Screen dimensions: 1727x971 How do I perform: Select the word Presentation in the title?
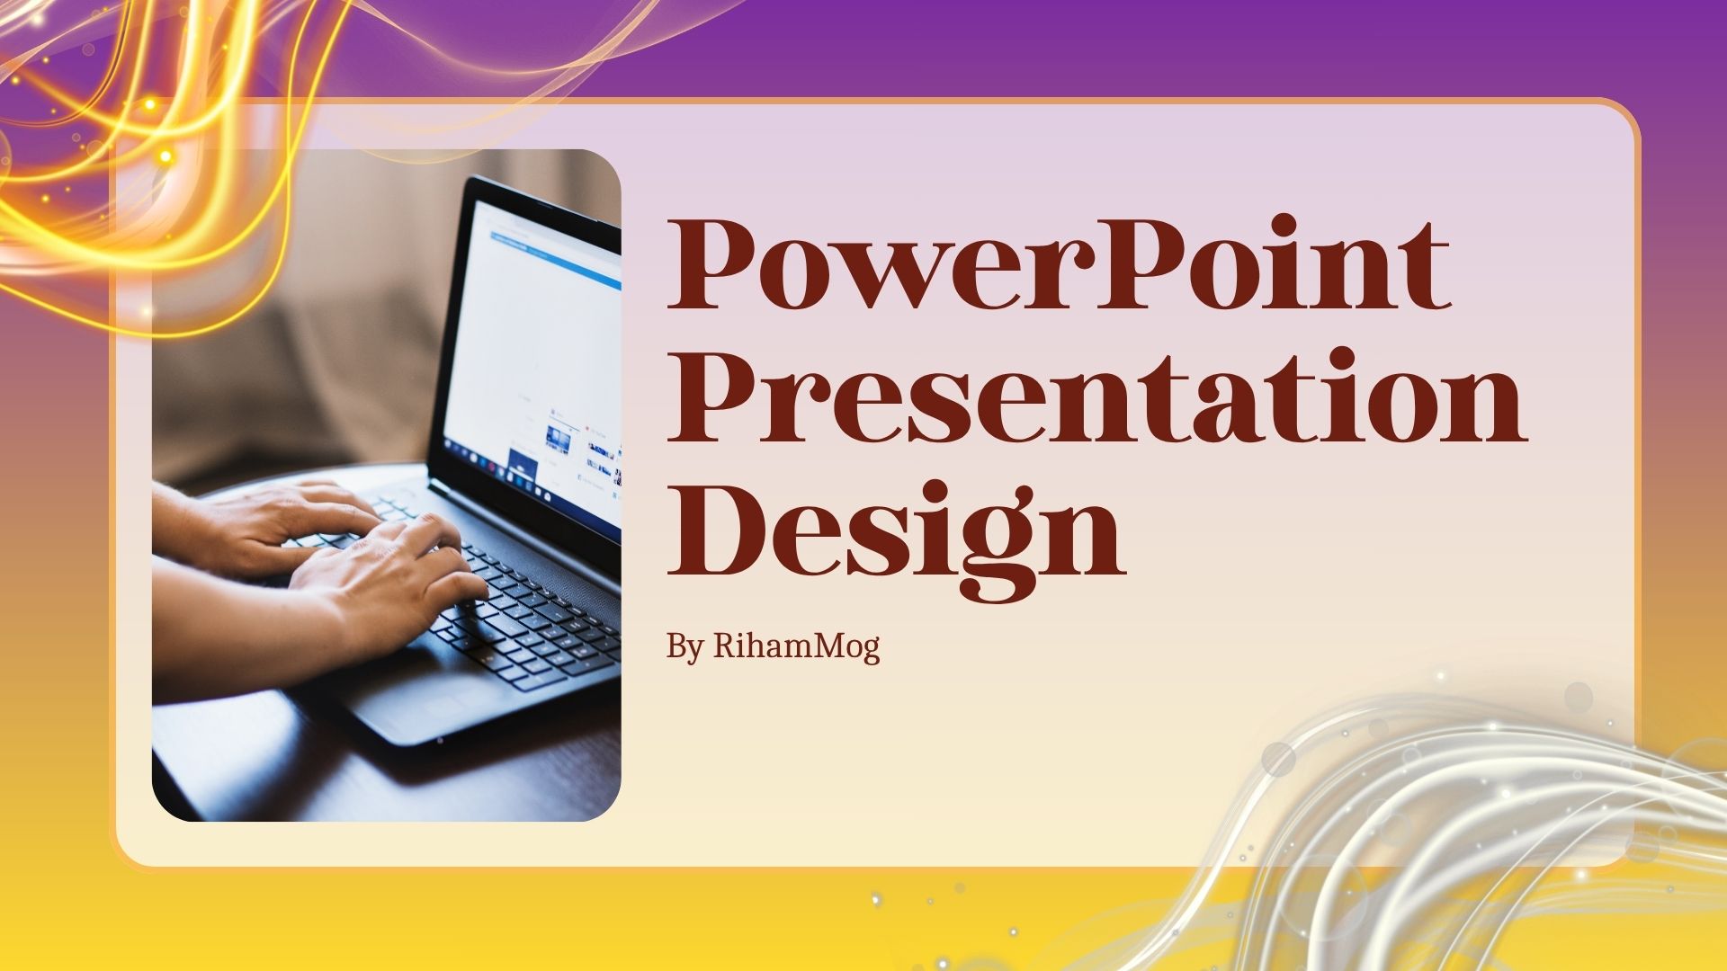coord(1096,398)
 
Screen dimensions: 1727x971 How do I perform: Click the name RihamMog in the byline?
coord(796,646)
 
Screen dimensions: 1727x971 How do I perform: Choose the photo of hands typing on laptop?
coord(387,485)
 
